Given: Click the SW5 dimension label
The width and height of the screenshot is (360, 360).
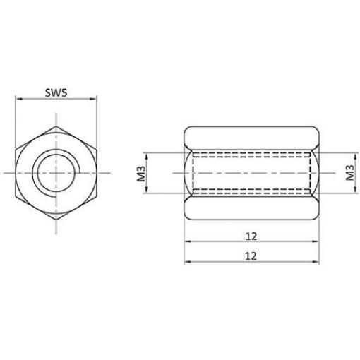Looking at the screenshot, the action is pyautogui.click(x=56, y=92).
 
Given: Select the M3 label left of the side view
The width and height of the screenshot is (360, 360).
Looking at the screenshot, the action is pyautogui.click(x=141, y=174).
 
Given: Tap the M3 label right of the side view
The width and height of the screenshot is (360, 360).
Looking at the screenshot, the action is pyautogui.click(x=350, y=172).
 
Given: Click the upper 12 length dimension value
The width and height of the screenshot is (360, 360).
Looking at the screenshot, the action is pyautogui.click(x=251, y=236).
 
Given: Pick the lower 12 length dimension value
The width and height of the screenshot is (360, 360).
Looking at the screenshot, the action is pyautogui.click(x=251, y=256).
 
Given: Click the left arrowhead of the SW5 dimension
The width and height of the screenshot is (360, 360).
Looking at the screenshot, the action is pyautogui.click(x=18, y=99).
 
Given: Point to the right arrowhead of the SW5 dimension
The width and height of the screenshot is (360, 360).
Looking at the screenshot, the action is pyautogui.click(x=94, y=99).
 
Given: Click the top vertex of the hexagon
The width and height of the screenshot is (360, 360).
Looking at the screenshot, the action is pyautogui.click(x=56, y=126).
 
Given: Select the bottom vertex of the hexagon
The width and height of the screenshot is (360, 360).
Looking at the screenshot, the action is pyautogui.click(x=56, y=220).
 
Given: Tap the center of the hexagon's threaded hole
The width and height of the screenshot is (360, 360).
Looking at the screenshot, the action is pyautogui.click(x=56, y=173).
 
